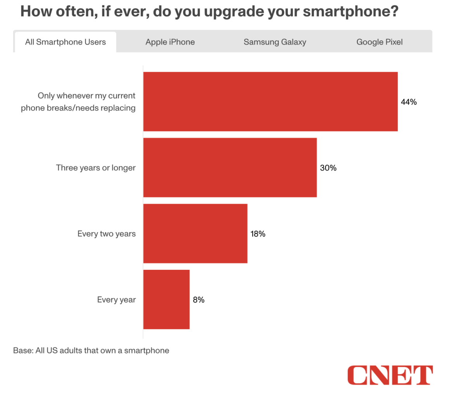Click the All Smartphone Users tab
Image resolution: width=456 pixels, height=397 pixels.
65,42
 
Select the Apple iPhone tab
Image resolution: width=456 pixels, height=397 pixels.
170,42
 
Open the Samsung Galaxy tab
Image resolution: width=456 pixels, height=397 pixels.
275,42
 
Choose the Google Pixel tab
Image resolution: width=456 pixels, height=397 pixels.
380,42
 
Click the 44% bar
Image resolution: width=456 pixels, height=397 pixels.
270,102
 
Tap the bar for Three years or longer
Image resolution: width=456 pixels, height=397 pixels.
230,167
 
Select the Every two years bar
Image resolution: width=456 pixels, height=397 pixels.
195,233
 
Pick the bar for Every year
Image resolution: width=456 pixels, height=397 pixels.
166,299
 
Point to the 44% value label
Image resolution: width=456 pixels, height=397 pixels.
409,102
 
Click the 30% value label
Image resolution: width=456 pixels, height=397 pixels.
328,168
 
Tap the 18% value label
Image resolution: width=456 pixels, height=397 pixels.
258,234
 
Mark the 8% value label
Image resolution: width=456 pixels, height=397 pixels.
199,300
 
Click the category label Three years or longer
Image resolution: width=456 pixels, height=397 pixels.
96,168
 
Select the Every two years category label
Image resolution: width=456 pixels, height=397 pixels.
106,234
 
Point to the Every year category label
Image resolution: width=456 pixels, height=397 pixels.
116,300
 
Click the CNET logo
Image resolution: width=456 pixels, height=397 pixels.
390,375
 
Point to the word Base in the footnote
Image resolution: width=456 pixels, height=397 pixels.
22,351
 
